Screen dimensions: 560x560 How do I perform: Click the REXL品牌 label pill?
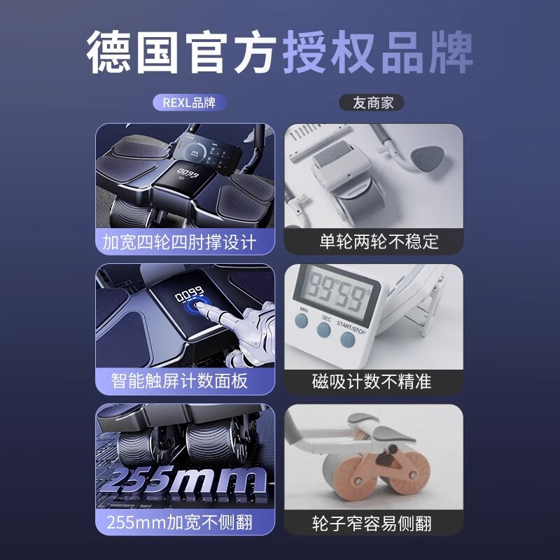pyautogui.click(x=189, y=103)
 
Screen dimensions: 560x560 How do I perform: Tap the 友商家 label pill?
pyautogui.click(x=372, y=103)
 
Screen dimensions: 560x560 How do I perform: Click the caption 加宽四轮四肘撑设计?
pyautogui.click(x=179, y=242)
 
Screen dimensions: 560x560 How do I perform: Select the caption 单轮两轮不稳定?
pyautogui.click(x=379, y=241)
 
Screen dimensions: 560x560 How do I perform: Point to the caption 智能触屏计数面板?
pyautogui.click(x=179, y=381)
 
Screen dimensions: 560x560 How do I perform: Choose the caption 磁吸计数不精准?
pyautogui.click(x=372, y=381)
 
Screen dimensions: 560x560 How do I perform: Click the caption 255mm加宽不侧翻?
pyautogui.click(x=179, y=522)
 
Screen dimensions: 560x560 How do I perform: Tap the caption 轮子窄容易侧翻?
pyautogui.click(x=372, y=523)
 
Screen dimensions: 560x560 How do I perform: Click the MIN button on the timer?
pyautogui.click(x=302, y=320)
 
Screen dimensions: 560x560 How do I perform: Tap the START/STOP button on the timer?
pyautogui.click(x=347, y=339)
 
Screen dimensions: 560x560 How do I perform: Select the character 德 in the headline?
pyautogui.click(x=108, y=52)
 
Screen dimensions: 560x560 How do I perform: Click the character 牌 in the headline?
pyautogui.click(x=451, y=52)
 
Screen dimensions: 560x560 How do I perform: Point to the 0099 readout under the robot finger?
pyautogui.click(x=190, y=294)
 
